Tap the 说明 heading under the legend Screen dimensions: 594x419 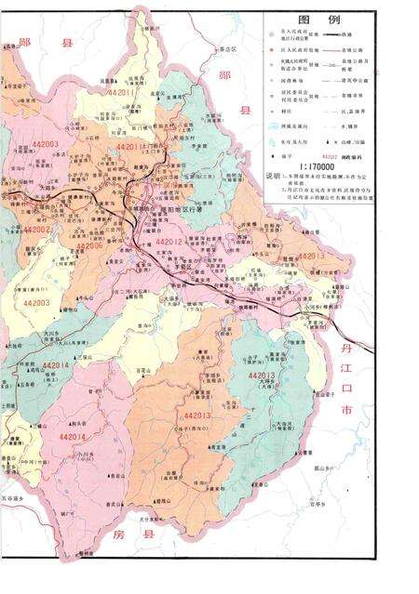[x=272, y=174]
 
